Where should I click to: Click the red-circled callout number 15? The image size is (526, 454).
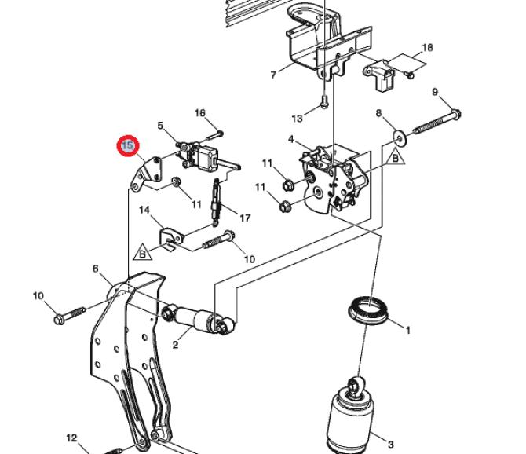(127, 145)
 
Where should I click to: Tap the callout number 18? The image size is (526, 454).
(427, 48)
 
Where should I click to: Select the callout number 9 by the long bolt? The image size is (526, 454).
(435, 92)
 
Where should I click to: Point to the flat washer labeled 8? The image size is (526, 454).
(399, 137)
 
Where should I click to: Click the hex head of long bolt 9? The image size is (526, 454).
(455, 114)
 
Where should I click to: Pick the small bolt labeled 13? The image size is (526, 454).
(323, 101)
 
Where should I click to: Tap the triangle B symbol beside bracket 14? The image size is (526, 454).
(143, 252)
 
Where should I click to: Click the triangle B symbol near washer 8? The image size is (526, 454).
(395, 156)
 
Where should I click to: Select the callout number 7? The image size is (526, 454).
(273, 75)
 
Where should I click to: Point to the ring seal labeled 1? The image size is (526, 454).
(368, 309)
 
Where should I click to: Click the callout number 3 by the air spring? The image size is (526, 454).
(390, 445)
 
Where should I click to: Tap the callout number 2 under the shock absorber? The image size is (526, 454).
(175, 344)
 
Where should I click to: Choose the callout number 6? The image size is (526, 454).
(96, 269)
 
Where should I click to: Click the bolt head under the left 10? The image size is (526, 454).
(59, 320)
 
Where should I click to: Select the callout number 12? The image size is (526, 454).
(71, 438)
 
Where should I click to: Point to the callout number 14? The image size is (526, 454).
(144, 210)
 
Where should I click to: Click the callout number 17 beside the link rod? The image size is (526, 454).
(245, 218)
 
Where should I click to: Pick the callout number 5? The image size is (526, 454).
(160, 126)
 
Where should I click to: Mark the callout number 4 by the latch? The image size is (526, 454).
(290, 139)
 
